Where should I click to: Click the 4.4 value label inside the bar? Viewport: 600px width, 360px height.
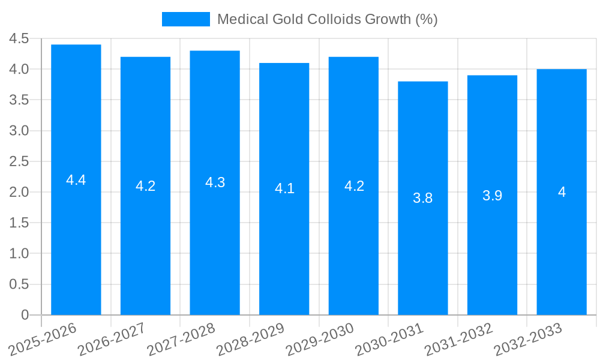coord(76,180)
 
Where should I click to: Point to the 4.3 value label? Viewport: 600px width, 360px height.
coord(215,183)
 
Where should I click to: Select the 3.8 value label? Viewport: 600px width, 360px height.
coord(423,198)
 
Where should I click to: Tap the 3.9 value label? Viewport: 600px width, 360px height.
coord(492,196)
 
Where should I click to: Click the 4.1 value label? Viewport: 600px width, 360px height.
coord(284,188)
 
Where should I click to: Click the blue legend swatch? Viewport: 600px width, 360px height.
coord(186,19)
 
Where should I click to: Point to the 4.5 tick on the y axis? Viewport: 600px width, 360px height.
coord(19,38)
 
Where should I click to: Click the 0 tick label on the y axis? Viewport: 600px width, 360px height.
coord(25,315)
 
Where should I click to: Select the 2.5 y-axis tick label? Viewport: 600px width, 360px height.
coord(19,161)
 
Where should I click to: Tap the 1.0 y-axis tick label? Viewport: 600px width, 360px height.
coord(19,254)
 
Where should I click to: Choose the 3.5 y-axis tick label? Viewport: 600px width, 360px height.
coord(19,100)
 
